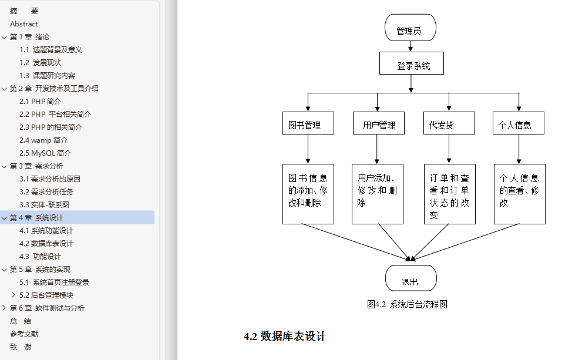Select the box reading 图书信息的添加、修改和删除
(x=308, y=193)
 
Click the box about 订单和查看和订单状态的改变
(x=449, y=193)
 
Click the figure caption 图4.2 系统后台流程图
(x=407, y=304)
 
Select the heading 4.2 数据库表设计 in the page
(x=285, y=337)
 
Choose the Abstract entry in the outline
(x=24, y=24)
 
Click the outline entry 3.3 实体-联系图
(x=45, y=205)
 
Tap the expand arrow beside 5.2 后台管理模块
(x=14, y=295)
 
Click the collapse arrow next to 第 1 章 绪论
(x=4, y=37)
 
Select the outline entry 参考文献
(x=24, y=334)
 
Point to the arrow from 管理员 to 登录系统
(x=411, y=46)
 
